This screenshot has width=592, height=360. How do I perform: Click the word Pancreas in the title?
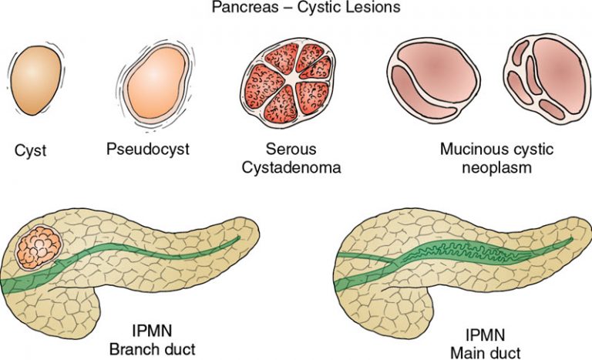pyautogui.click(x=244, y=8)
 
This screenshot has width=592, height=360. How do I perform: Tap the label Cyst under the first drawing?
pyautogui.click(x=30, y=150)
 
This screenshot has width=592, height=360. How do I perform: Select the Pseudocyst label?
pyautogui.click(x=148, y=149)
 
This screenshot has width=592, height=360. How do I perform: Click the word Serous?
pyautogui.click(x=291, y=149)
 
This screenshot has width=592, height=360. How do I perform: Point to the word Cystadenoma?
pyautogui.click(x=291, y=167)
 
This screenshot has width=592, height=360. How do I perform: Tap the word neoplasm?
pyautogui.click(x=496, y=167)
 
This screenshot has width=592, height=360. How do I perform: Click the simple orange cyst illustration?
pyautogui.click(x=36, y=80)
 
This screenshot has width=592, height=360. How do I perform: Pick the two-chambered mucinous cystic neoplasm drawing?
pyautogui.click(x=433, y=80)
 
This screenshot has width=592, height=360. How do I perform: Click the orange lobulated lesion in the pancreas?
pyautogui.click(x=39, y=247)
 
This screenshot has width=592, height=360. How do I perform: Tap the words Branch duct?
pyautogui.click(x=152, y=349)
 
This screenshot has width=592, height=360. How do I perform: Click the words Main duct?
pyautogui.click(x=485, y=352)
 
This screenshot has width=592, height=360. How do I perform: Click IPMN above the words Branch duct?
pyautogui.click(x=152, y=331)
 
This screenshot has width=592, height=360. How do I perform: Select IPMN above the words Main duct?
pyautogui.click(x=485, y=335)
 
